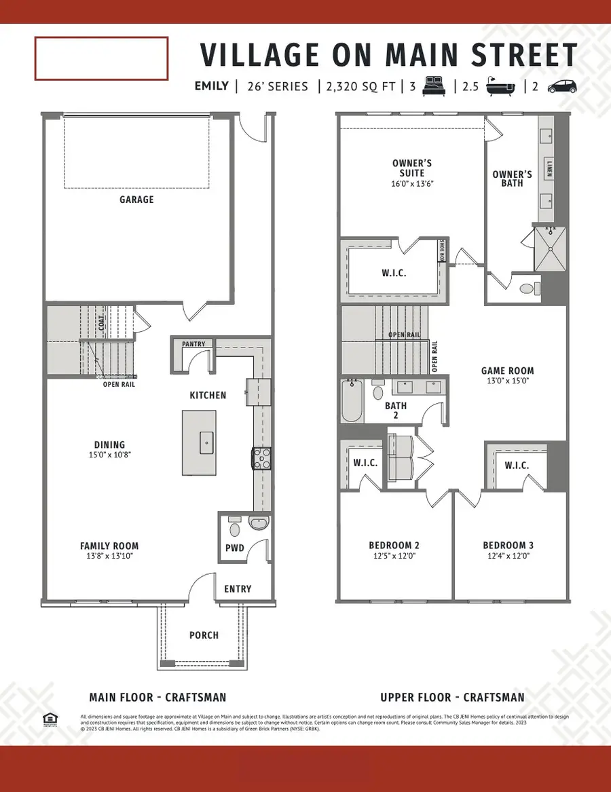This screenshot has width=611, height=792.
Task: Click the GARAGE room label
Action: point(136,200)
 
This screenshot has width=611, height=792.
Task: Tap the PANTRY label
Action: point(193,344)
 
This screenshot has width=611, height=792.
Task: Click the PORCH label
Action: point(204,635)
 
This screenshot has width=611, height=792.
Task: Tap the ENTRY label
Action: point(238,589)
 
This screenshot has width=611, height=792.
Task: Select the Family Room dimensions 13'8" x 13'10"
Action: point(109,556)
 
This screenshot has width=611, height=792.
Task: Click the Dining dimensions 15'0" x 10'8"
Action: point(109,455)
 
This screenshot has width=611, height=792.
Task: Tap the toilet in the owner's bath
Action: point(529,288)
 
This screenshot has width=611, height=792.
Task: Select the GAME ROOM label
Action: point(507,371)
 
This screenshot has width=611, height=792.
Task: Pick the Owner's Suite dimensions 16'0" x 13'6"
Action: point(412,183)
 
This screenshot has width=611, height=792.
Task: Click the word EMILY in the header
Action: point(211,86)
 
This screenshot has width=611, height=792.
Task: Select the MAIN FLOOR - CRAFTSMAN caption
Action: point(158,697)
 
